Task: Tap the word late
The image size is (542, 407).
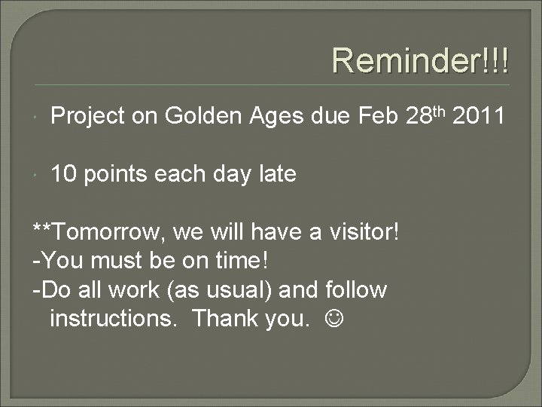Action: (276, 175)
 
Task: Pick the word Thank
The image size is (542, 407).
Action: (222, 319)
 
